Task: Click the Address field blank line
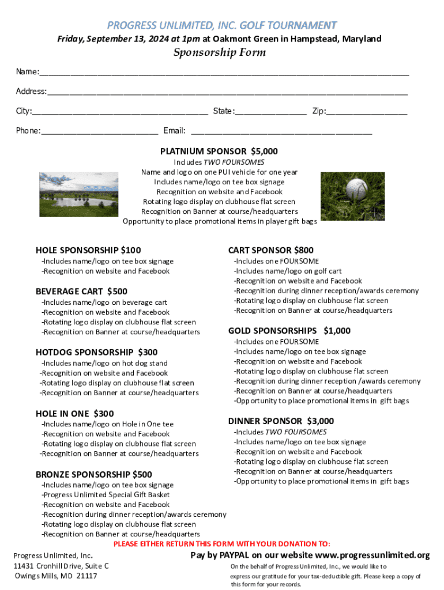[227, 92]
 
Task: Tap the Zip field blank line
[367, 112]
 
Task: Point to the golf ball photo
[352, 196]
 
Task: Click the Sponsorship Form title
[220, 53]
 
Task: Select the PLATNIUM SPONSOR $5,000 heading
[219, 152]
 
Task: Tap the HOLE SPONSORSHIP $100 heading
[88, 251]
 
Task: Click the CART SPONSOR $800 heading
[271, 251]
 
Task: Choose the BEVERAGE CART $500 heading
[82, 292]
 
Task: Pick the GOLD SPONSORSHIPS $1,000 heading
[289, 331]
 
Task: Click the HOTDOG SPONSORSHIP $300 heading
[97, 352]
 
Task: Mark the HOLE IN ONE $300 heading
[75, 414]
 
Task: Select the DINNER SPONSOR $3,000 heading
[281, 421]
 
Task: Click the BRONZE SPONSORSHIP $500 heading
[94, 475]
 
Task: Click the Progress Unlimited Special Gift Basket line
[106, 495]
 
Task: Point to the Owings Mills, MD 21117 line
[56, 576]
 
